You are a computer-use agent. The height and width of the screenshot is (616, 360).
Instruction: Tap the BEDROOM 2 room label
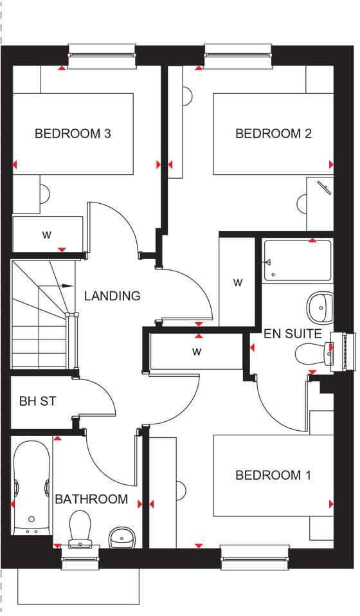(273, 134)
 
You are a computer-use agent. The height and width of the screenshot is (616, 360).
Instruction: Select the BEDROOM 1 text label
(273, 475)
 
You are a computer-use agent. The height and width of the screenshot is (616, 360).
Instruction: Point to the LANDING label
(112, 296)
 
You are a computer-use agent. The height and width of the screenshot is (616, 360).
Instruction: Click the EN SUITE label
(292, 334)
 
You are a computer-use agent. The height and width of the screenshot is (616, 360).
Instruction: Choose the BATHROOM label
(91, 499)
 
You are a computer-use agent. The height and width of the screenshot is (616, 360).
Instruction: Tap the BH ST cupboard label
(37, 402)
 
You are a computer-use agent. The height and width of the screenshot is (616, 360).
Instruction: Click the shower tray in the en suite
(297, 260)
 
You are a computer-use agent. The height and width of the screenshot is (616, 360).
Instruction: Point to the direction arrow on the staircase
(64, 285)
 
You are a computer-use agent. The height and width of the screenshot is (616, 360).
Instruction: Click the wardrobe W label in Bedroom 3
(46, 234)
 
